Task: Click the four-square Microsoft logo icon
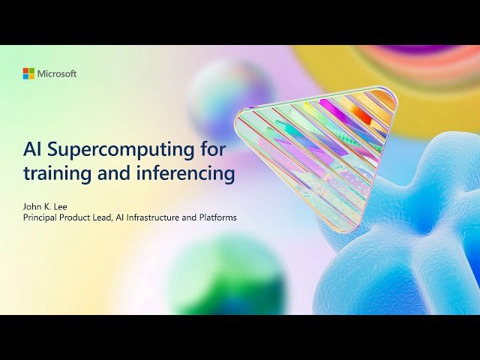coord(28,73)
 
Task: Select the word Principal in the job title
coord(43,217)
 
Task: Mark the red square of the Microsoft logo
coord(25,70)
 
